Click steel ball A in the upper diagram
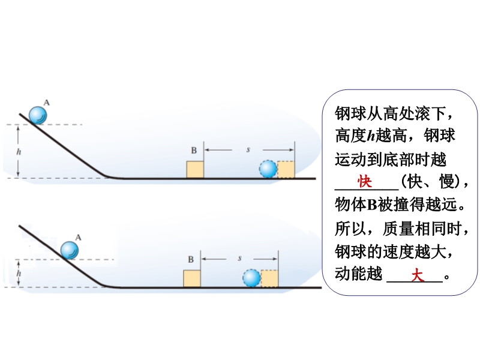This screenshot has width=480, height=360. point(39,115)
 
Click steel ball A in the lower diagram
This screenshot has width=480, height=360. point(70,249)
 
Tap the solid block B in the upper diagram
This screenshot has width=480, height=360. point(196,169)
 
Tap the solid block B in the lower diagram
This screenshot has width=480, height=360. point(192,278)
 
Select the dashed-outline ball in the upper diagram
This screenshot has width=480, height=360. point(268,169)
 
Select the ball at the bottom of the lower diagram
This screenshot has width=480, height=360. point(251,278)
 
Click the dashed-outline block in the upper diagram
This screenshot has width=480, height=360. point(286,169)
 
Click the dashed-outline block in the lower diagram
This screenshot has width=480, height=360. point(269,278)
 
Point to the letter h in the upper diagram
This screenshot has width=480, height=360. point(19,152)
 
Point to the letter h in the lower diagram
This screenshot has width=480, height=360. point(19,274)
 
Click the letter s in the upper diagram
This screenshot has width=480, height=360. point(248,148)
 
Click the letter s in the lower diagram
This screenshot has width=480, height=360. point(239,257)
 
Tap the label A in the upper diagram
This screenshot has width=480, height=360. point(47,103)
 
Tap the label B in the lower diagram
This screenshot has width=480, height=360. point(191,259)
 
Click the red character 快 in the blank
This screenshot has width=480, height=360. point(364,181)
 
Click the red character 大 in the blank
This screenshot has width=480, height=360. point(417,275)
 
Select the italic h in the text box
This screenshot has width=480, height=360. point(371,135)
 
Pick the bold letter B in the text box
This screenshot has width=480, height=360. point(371,205)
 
